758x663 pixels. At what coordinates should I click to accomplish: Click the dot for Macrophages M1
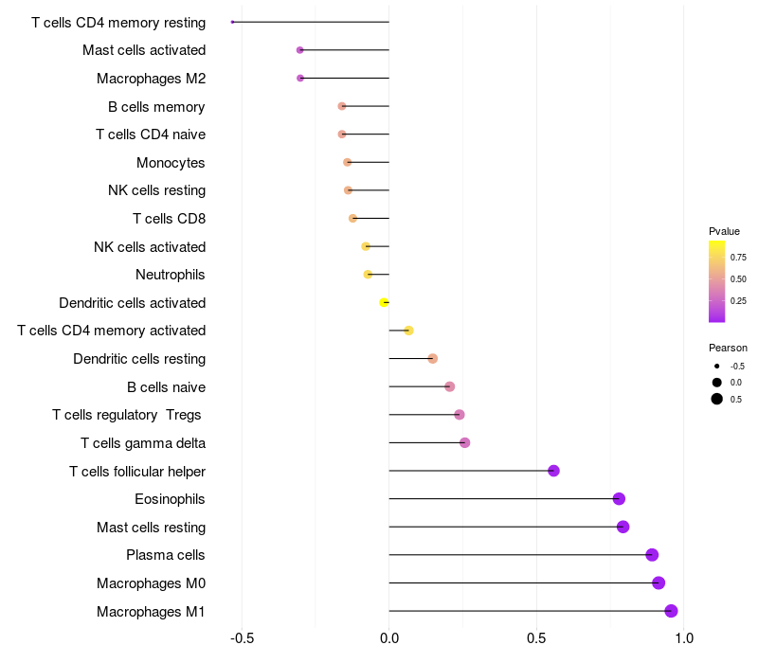point(671,611)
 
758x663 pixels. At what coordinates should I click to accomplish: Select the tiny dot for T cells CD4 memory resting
point(232,22)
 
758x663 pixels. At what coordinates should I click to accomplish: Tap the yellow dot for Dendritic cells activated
point(384,302)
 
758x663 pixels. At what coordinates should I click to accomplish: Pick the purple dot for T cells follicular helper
point(553,471)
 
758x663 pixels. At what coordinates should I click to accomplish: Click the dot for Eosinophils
point(619,499)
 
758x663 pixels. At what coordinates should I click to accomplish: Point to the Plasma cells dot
point(652,555)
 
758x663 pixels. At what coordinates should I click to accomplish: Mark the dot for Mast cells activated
point(299,50)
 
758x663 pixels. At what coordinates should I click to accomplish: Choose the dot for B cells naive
point(449,386)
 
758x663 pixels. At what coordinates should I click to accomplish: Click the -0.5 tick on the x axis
point(243,638)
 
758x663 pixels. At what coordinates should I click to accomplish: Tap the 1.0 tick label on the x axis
point(683,638)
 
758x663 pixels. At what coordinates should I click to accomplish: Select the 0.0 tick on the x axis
point(389,638)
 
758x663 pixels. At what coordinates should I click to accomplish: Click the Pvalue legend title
point(724,231)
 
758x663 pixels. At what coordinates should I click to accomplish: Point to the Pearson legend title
point(728,348)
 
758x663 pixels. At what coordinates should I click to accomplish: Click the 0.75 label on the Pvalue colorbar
point(738,258)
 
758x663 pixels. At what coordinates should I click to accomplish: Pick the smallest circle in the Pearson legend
point(717,367)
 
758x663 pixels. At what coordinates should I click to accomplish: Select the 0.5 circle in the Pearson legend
point(717,399)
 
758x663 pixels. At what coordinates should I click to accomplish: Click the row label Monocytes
point(171,163)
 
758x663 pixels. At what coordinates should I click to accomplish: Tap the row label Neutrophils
point(171,275)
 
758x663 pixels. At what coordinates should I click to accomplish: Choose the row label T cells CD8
point(170,219)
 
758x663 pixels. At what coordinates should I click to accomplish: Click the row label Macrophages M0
point(152,583)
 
